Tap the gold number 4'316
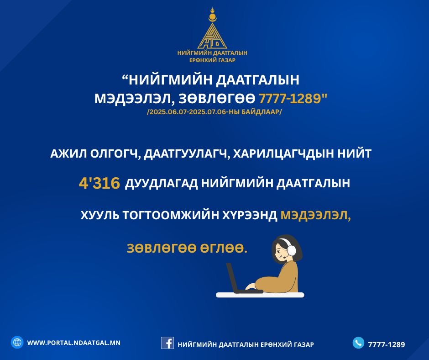coord(99,183)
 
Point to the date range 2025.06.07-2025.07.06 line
coord(214,112)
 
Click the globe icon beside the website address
coord(17,343)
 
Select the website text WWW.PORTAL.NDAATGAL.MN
coord(74,343)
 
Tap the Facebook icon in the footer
coord(167,343)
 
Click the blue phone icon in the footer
coord(358,343)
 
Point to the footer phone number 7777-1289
coord(386,344)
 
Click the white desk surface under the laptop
coord(260,295)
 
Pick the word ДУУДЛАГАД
coord(161,183)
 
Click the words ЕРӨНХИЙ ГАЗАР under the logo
coord(212,60)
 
